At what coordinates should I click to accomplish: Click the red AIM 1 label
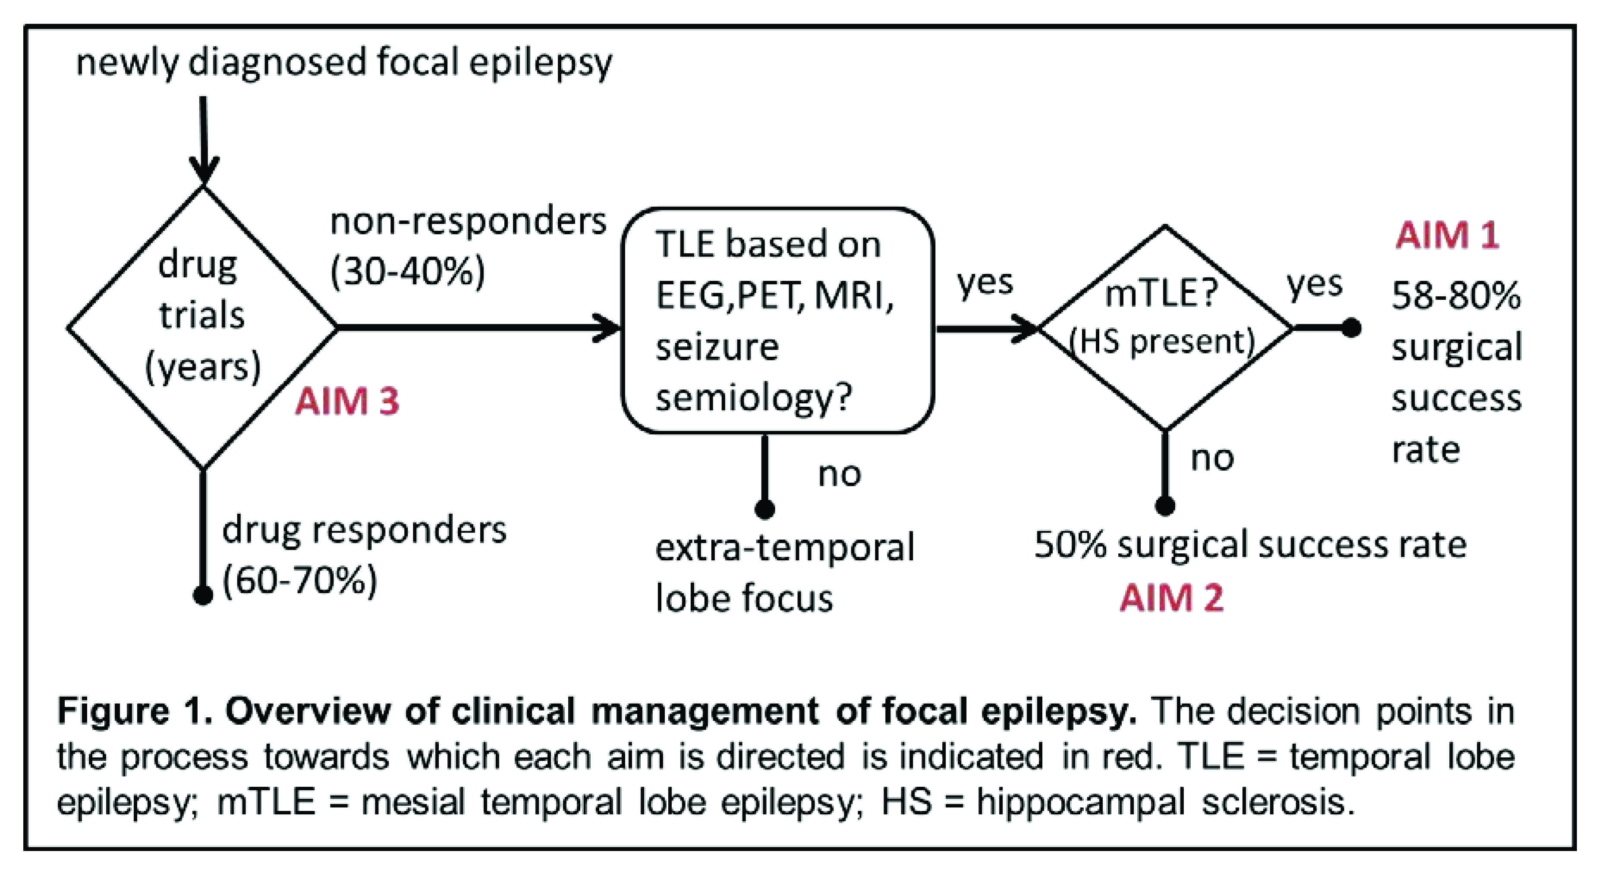[1447, 236]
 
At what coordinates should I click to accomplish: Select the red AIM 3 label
[347, 401]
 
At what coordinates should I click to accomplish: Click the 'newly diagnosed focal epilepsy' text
[343, 63]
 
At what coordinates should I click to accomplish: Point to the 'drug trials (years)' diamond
[202, 327]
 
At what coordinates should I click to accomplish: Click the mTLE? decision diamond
[1164, 327]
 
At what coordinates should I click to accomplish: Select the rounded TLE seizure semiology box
[777, 320]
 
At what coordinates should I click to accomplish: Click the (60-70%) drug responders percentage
[300, 581]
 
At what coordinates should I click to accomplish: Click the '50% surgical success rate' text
[1249, 544]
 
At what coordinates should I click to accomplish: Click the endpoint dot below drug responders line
[202, 594]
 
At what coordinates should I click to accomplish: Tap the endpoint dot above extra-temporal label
[764, 509]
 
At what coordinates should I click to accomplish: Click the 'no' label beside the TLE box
[839, 474]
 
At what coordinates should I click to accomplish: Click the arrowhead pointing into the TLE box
[609, 328]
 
